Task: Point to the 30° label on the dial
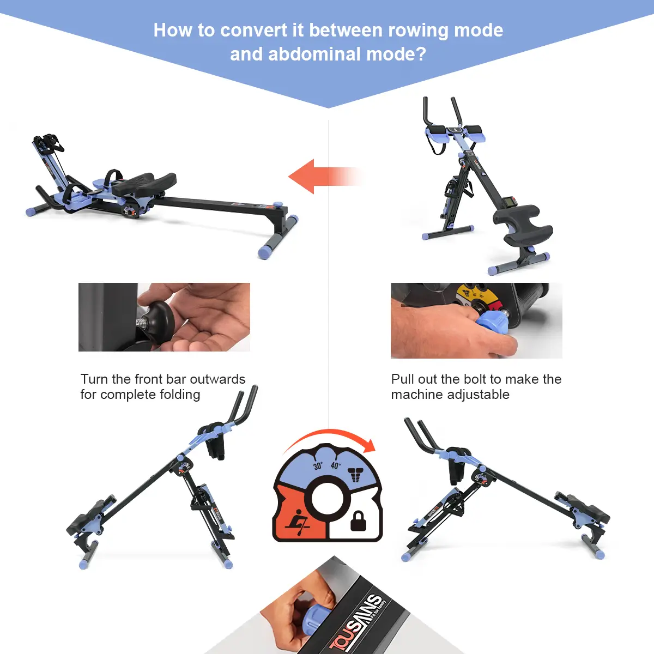tap(318, 466)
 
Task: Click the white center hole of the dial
tap(328, 498)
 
